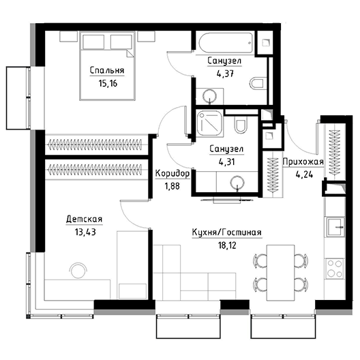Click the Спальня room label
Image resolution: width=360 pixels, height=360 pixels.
(107, 70)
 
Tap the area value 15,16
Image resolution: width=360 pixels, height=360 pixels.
(108, 83)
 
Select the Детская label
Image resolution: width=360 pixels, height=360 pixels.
(84, 219)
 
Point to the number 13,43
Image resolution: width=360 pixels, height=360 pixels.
(85, 232)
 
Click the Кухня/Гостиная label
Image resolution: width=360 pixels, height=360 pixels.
(227, 232)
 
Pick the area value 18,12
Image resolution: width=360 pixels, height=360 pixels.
(227, 245)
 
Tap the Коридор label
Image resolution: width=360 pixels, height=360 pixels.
(172, 174)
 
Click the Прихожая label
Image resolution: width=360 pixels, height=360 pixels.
(303, 162)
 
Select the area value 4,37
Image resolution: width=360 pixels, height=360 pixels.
(225, 74)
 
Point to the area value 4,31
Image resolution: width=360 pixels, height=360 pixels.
(226, 162)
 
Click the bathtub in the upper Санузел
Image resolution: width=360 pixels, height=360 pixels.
(226, 43)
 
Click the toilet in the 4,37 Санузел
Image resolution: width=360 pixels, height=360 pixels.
(258, 84)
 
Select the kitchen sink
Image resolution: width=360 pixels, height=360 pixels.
(334, 227)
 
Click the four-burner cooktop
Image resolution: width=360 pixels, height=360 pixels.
(335, 269)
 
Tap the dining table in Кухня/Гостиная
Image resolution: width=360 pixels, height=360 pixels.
(280, 273)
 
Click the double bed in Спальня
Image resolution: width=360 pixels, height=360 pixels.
(107, 66)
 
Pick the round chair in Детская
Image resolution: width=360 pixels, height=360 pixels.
(78, 270)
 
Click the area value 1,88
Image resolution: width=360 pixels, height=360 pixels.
(172, 186)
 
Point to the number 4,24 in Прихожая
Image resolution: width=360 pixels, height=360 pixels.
(304, 175)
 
